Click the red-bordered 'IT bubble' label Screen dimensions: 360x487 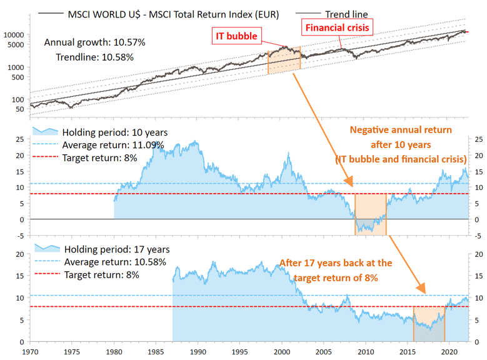tap(237, 36)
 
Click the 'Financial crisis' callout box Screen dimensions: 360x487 tap(338, 27)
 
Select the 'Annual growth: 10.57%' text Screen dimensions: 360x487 tap(95, 42)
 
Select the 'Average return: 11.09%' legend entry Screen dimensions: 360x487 tap(113, 145)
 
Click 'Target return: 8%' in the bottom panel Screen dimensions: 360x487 tap(101, 274)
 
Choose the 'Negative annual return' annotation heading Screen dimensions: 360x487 tap(401, 130)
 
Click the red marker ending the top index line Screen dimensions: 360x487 tap(468, 31)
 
